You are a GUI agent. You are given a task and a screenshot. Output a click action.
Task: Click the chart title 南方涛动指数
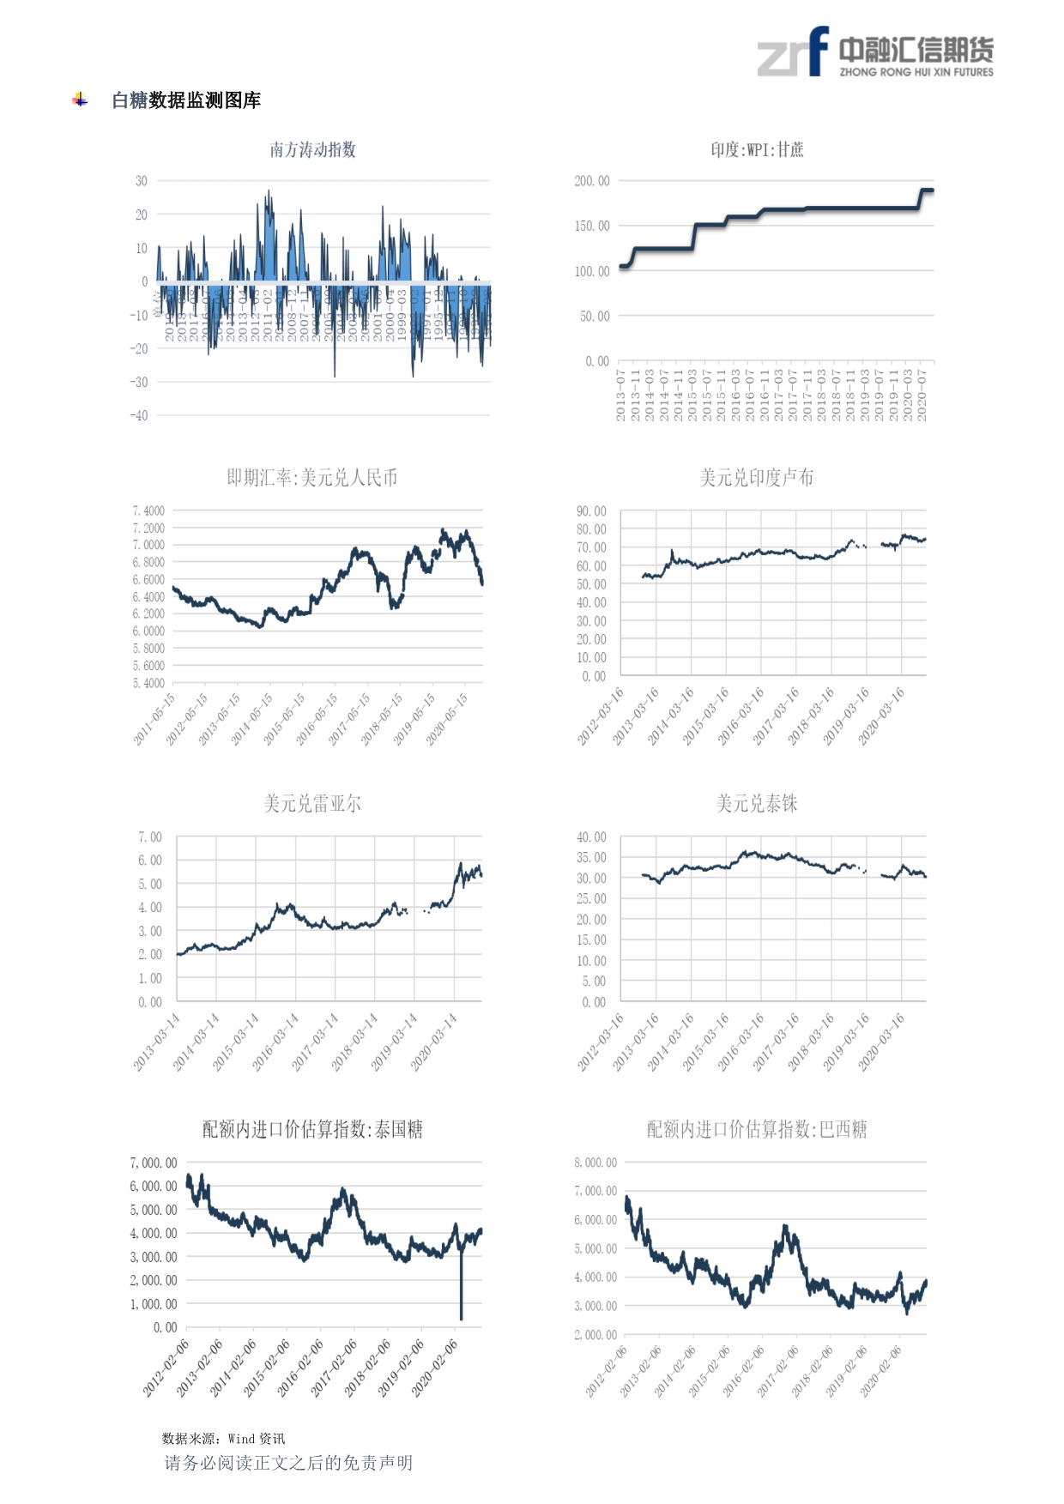click(x=312, y=150)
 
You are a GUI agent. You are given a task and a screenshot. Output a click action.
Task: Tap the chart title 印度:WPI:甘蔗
click(x=757, y=150)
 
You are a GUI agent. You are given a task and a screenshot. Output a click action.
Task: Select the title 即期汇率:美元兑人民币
click(x=312, y=478)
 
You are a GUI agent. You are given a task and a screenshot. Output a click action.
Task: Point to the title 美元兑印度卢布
click(x=757, y=478)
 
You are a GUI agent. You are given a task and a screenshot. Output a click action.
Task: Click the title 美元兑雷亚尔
click(x=312, y=804)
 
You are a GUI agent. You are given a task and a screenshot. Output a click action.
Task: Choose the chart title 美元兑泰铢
click(x=757, y=804)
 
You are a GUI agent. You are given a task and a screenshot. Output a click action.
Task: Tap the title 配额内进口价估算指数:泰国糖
click(x=312, y=1130)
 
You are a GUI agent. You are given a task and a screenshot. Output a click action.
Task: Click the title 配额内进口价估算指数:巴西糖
click(x=757, y=1130)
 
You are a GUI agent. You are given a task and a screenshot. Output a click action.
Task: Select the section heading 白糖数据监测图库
click(x=186, y=100)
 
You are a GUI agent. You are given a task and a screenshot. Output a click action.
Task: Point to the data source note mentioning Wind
click(x=223, y=1439)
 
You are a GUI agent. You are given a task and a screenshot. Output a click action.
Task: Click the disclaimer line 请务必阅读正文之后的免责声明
click(x=288, y=1463)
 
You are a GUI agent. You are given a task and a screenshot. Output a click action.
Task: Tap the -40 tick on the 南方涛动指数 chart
click(x=139, y=416)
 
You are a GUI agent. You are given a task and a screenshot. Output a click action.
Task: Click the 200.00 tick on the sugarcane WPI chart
click(x=592, y=181)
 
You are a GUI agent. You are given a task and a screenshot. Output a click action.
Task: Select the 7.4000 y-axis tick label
click(x=148, y=511)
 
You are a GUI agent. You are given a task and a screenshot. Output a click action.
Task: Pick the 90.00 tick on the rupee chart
click(x=591, y=511)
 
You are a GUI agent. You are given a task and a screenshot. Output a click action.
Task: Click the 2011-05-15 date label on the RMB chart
click(x=154, y=719)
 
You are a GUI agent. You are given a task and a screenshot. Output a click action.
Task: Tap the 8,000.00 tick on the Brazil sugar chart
click(x=595, y=1163)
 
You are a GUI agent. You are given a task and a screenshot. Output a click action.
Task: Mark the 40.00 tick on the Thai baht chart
click(x=591, y=837)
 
